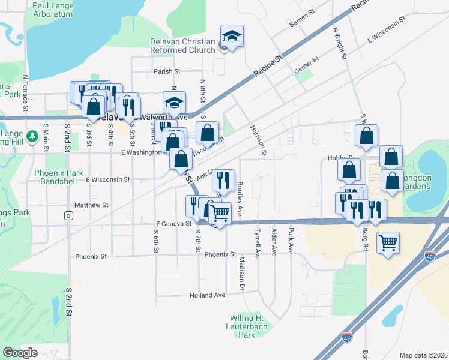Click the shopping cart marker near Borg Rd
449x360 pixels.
click(388, 243)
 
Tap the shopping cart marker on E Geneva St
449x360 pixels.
click(220, 212)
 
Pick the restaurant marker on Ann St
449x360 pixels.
click(223, 179)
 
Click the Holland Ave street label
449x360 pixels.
click(207, 295)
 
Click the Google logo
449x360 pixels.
click(20, 353)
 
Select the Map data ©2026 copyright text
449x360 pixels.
click(423, 355)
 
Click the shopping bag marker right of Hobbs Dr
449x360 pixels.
click(391, 157)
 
